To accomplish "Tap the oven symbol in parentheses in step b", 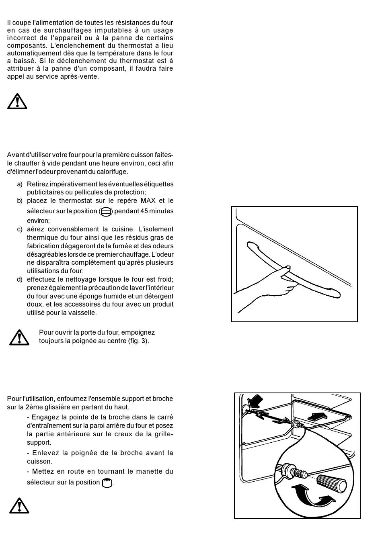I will [x=106, y=212].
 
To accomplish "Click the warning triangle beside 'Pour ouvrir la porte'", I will [x=19, y=337].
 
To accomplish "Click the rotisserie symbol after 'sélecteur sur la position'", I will [x=107, y=482].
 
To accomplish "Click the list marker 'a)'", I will [x=20, y=184].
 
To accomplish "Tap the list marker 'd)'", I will [x=20, y=279].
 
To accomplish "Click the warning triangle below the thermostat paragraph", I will [x=17, y=101].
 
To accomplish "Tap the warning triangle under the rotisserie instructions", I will [x=19, y=505].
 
